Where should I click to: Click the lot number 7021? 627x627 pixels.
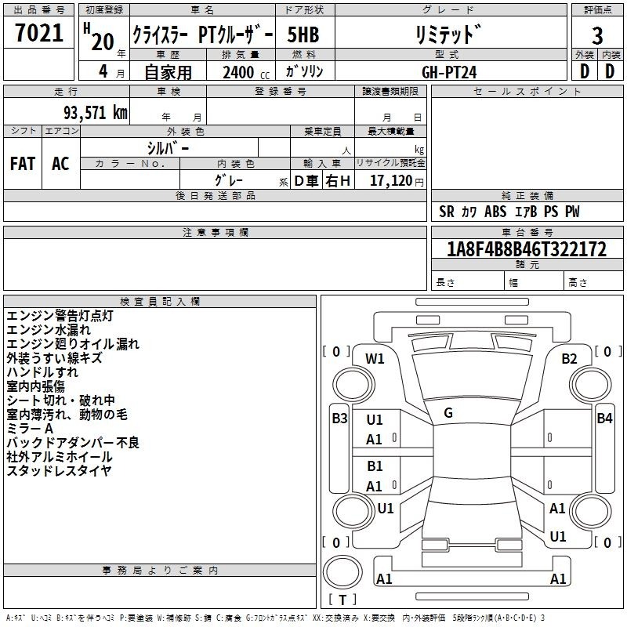39,33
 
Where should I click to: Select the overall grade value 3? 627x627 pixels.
597,36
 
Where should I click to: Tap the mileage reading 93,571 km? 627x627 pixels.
96,113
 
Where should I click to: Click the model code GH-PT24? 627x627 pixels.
449,72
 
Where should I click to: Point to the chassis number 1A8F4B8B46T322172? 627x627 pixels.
527,249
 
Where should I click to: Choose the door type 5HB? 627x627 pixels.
303,34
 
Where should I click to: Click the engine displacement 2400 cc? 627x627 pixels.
246,72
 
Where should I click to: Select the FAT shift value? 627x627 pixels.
23,164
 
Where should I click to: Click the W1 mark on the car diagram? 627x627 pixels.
375,359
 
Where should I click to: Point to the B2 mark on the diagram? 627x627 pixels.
569,359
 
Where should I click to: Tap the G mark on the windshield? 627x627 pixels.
448,413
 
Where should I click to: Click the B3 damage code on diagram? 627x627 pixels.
339,419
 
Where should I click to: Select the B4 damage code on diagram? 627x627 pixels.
604,419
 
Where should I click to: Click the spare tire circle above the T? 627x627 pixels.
342,573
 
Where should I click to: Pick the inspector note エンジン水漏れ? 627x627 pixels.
49,330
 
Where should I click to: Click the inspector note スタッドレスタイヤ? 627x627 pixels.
60,471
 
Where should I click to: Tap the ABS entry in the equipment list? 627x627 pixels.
495,212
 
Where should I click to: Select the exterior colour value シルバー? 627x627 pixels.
168,149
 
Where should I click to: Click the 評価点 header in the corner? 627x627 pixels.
597,10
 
